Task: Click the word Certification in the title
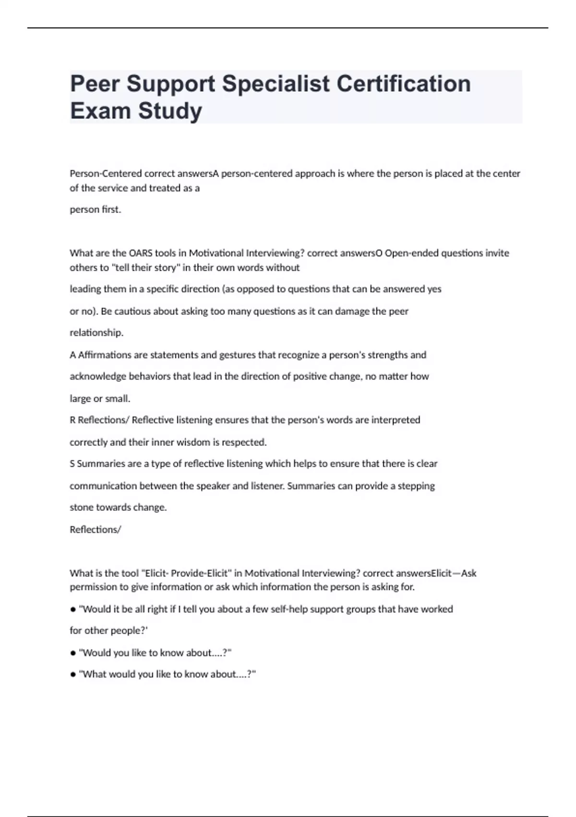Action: pyautogui.click(x=403, y=84)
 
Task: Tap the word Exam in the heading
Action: pyautogui.click(x=100, y=111)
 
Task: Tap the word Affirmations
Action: pyautogui.click(x=105, y=355)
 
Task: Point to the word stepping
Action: pyautogui.click(x=416, y=486)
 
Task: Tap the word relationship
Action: pyautogui.click(x=96, y=333)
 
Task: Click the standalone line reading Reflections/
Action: pyautogui.click(x=95, y=530)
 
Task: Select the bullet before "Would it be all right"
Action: pyautogui.click(x=73, y=610)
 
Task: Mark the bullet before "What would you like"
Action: pyautogui.click(x=73, y=675)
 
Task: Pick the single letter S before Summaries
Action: pyautogui.click(x=72, y=464)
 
